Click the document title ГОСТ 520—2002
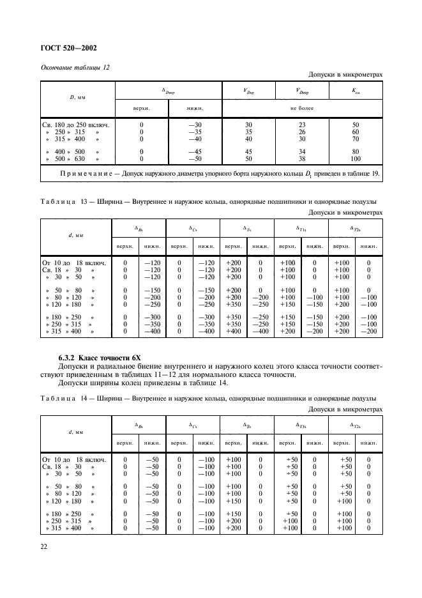pyautogui.click(x=70, y=47)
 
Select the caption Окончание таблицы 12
pyautogui.click(x=75, y=68)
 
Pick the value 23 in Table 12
pyautogui.click(x=303, y=125)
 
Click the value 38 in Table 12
pyautogui.click(x=303, y=158)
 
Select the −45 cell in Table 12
pyautogui.click(x=195, y=151)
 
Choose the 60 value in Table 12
pyautogui.click(x=356, y=132)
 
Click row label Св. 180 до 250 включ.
pyautogui.click(x=75, y=125)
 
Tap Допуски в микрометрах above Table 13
pyautogui.click(x=345, y=213)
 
